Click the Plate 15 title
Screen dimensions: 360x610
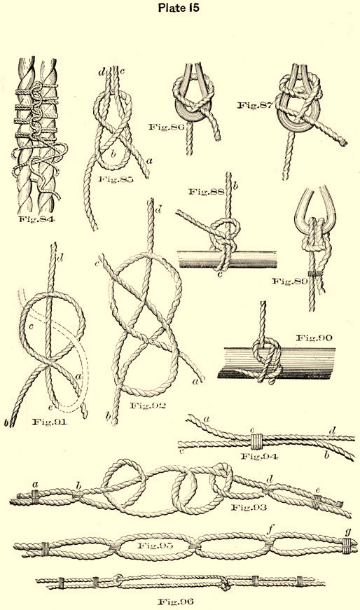click(179, 8)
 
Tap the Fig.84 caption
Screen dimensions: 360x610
click(37, 219)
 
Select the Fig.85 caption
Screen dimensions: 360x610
click(115, 179)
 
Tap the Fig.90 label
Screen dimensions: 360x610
click(314, 338)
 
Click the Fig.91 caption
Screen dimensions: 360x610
click(49, 422)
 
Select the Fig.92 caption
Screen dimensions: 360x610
click(148, 405)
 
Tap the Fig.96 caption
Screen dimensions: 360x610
click(176, 602)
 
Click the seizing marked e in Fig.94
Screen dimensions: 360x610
click(256, 441)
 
